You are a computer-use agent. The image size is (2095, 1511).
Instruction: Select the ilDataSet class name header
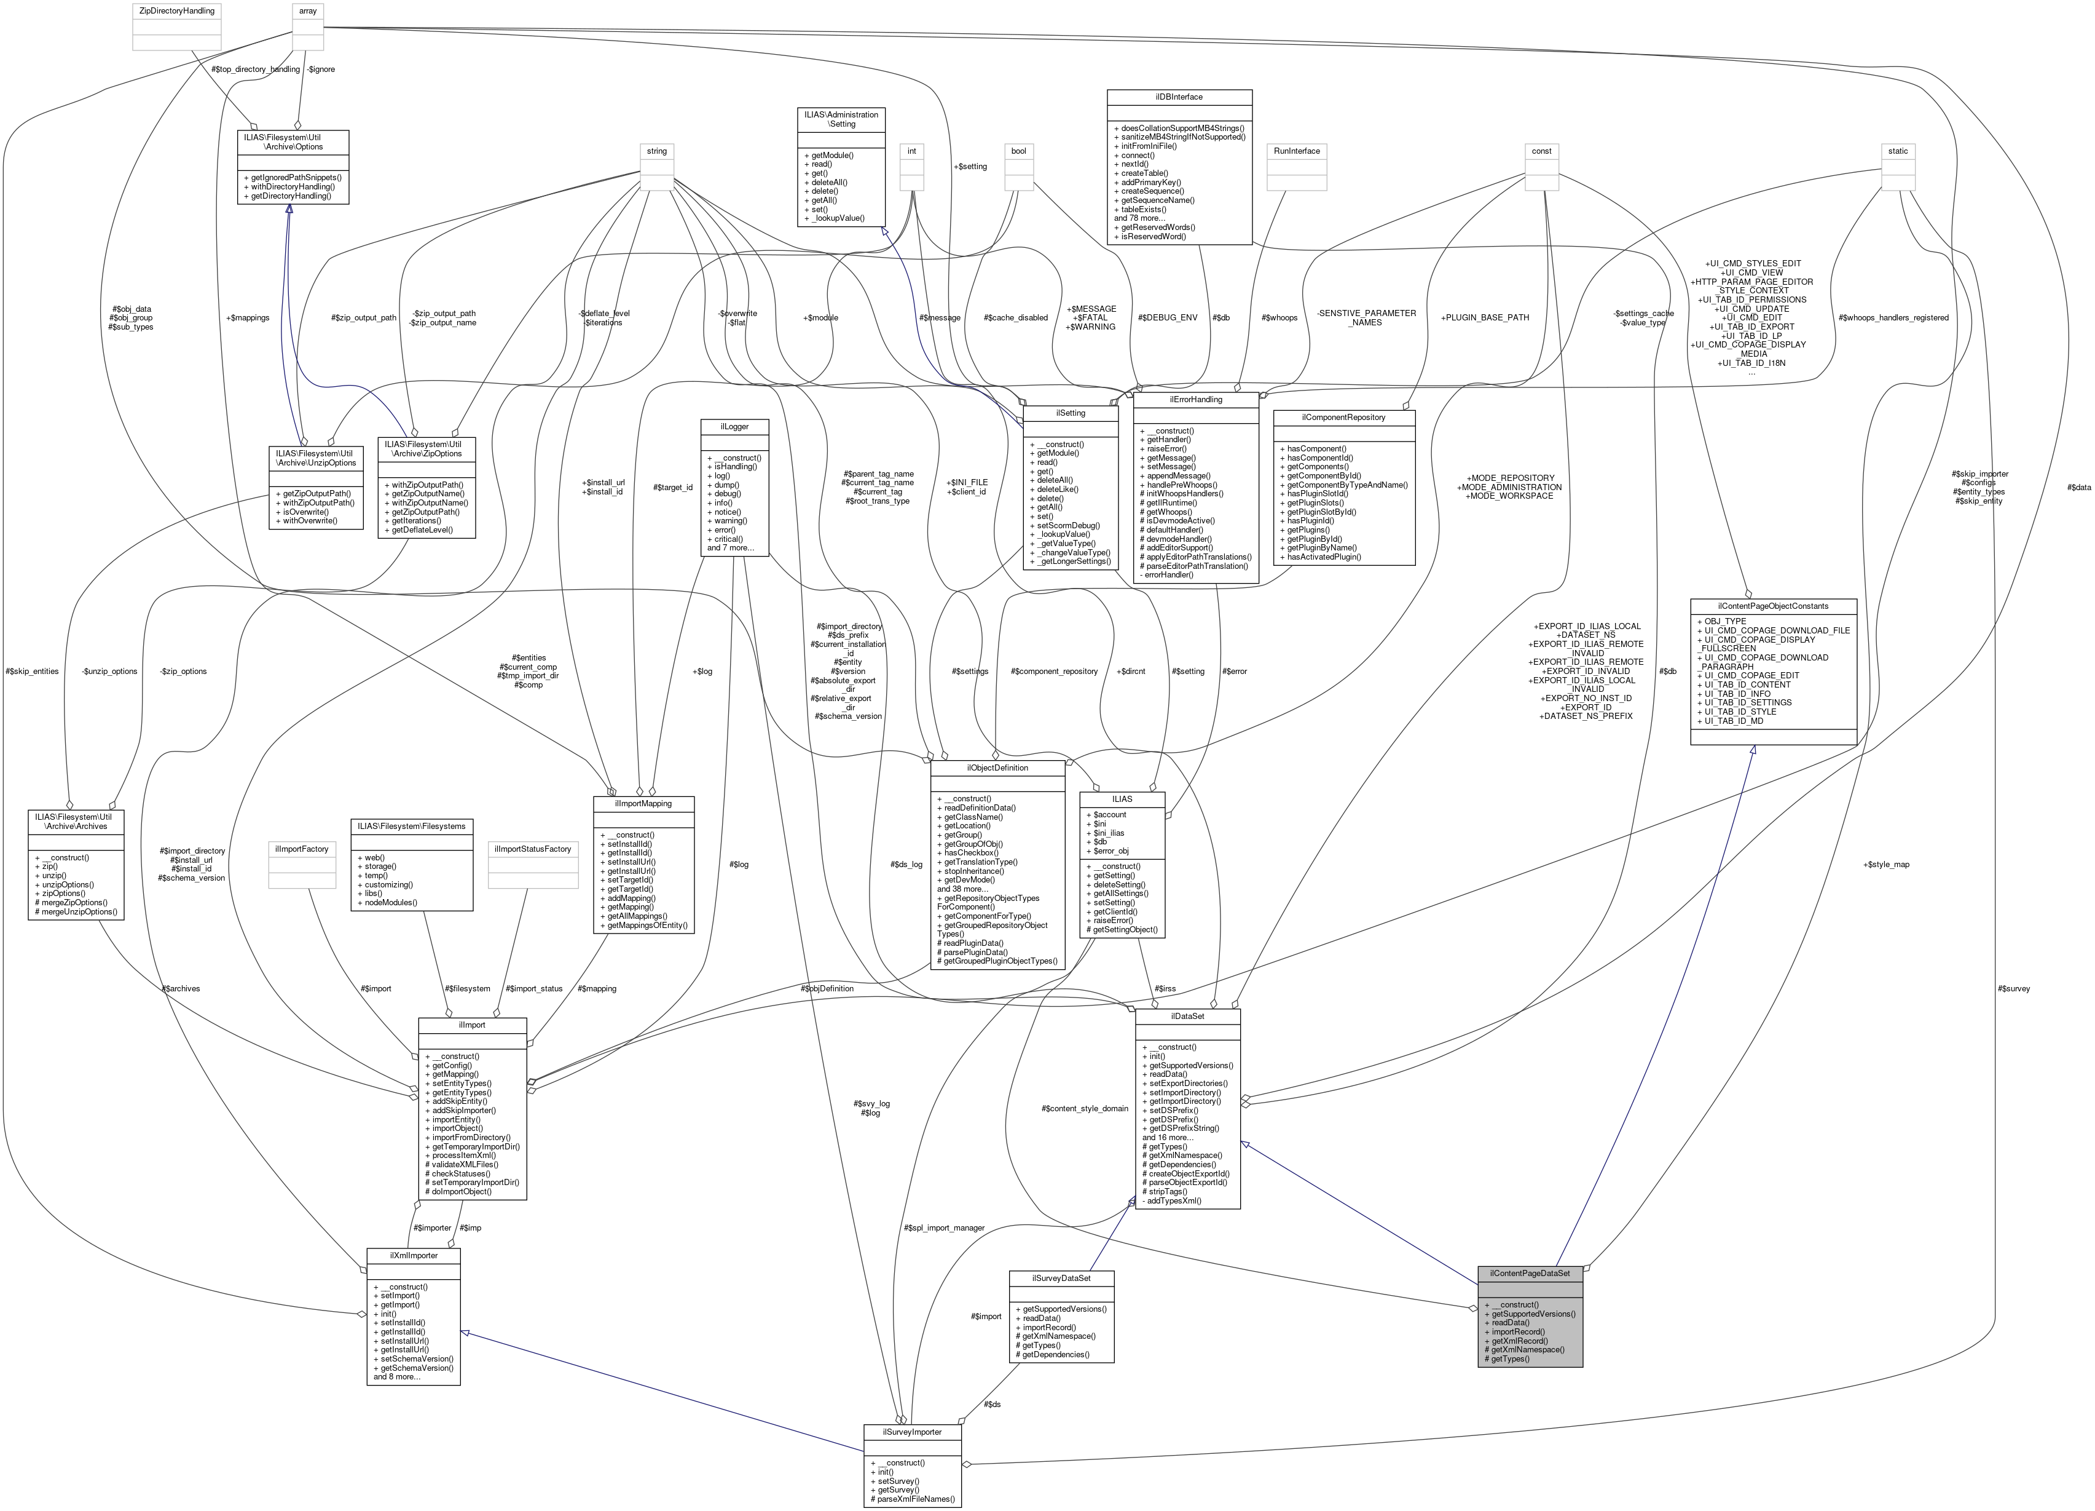coord(1187,1016)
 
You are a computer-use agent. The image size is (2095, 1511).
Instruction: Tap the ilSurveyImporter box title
coord(912,1432)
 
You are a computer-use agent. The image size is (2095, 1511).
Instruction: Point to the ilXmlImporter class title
coord(413,1255)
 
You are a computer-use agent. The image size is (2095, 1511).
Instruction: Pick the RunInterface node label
coord(1296,151)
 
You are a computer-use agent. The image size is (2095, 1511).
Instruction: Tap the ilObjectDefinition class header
coord(997,768)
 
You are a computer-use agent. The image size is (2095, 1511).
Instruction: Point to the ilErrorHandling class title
coord(1195,399)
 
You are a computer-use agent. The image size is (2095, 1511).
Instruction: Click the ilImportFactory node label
coord(302,849)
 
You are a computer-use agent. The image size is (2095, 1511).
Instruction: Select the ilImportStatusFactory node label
coord(533,849)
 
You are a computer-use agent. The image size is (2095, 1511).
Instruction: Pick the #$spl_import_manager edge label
coord(944,1227)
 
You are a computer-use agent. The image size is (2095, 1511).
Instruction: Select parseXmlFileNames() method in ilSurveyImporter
coord(912,1499)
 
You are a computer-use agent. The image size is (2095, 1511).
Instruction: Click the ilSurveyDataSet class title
coord(1061,1278)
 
